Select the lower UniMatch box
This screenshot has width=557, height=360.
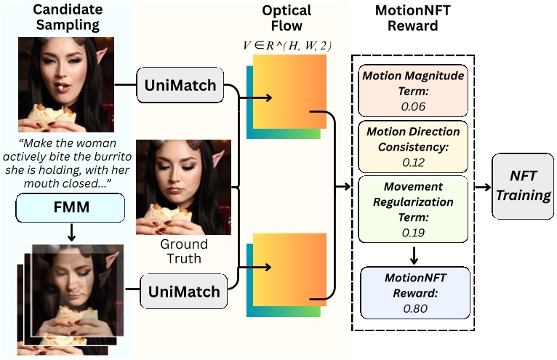(183, 292)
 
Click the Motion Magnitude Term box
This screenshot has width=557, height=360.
(413, 91)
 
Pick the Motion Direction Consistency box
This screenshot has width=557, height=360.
(413, 147)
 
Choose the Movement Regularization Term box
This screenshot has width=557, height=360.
(413, 208)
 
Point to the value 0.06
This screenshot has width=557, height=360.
(413, 105)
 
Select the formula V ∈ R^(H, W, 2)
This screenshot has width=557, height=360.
(288, 46)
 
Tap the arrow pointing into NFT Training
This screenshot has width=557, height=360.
(482, 186)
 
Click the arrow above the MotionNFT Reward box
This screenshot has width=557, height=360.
(413, 254)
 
